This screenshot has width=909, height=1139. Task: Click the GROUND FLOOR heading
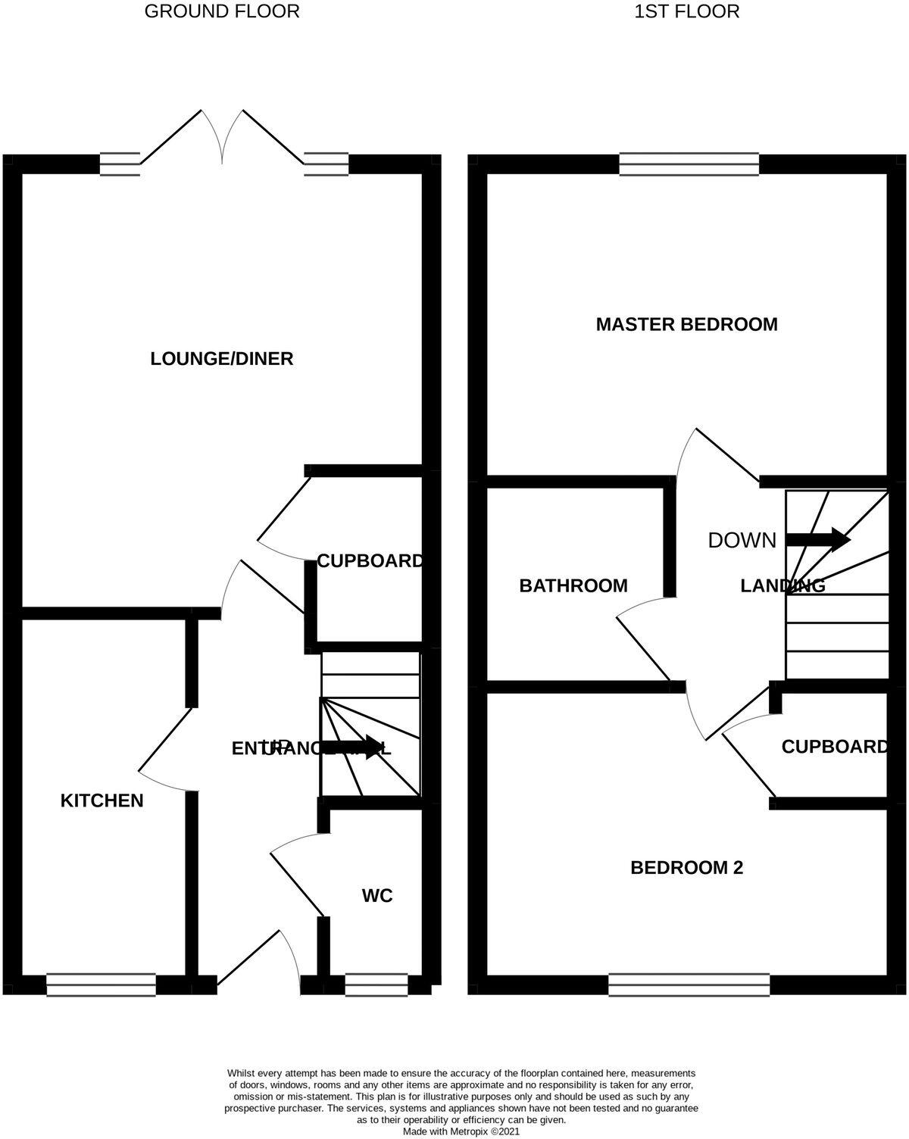[222, 11]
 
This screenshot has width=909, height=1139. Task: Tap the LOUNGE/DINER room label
[222, 358]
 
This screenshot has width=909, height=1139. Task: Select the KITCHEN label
[102, 800]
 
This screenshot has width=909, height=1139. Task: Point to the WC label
[377, 896]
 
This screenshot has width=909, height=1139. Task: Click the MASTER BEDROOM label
[686, 324]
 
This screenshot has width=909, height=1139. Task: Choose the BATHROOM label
[573, 585]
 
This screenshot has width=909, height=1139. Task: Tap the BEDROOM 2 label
[686, 867]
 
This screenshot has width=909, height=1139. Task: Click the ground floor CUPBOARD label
[370, 561]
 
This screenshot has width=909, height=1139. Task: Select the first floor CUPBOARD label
[835, 747]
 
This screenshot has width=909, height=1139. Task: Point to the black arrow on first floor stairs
[818, 540]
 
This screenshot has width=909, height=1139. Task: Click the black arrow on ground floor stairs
[352, 747]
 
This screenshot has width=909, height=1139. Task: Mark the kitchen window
[102, 985]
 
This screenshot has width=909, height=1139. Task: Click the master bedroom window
[689, 164]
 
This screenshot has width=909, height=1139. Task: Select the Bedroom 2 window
[689, 985]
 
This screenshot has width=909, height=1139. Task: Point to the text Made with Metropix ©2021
[461, 1131]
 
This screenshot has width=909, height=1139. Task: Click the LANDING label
[782, 585]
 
